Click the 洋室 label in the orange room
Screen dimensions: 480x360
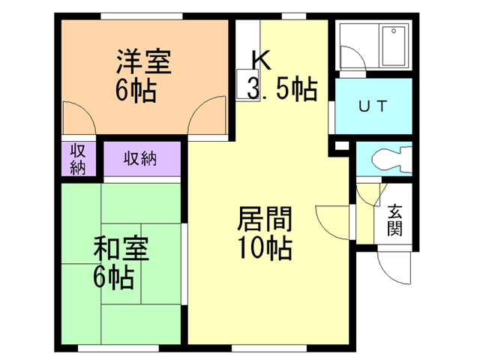(x=143, y=61)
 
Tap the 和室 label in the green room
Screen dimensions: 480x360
(x=121, y=248)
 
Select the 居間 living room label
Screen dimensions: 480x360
(x=265, y=218)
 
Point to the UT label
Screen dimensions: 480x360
(x=373, y=106)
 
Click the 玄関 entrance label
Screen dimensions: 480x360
(x=395, y=220)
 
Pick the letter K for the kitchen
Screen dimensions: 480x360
(x=261, y=60)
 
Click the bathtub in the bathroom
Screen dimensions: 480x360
(x=394, y=46)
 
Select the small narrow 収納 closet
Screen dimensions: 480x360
(x=78, y=158)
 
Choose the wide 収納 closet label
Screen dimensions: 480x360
(x=140, y=158)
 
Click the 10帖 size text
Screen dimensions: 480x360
(x=265, y=248)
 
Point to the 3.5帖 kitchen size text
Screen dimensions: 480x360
(x=282, y=88)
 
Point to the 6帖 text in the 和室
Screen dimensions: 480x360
(x=114, y=278)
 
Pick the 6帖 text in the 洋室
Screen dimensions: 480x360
(x=136, y=91)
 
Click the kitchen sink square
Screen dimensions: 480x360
(x=247, y=84)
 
